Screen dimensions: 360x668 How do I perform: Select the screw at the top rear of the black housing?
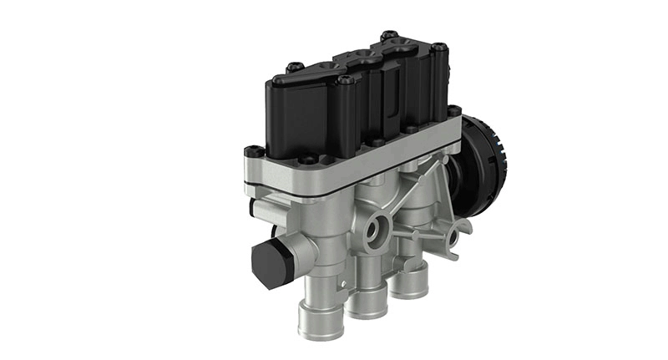(388, 36)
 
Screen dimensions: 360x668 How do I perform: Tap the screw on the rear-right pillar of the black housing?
(440, 48)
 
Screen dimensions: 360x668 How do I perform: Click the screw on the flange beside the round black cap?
(454, 109)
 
